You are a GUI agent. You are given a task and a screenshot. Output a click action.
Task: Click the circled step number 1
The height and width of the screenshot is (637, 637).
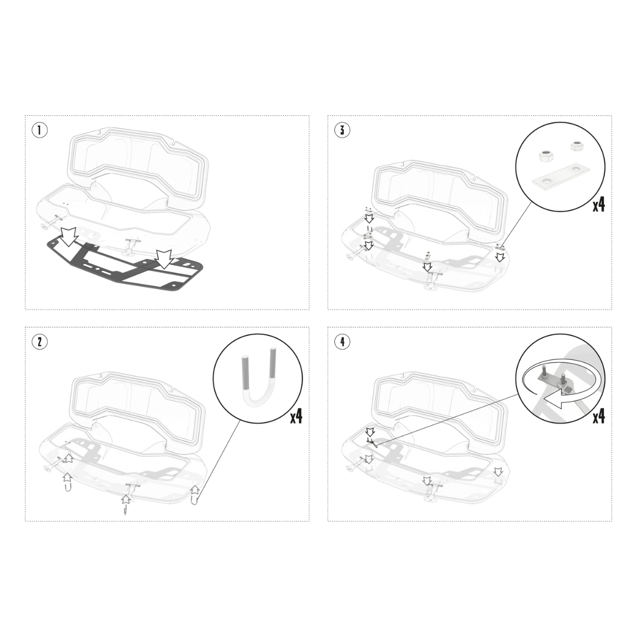coord(39,130)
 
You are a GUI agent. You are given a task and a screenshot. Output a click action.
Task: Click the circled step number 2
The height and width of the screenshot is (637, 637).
coord(39,342)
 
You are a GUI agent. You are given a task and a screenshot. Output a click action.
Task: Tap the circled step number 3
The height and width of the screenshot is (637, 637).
coord(342,130)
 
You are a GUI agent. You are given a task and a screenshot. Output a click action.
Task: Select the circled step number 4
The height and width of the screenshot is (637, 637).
coord(342,342)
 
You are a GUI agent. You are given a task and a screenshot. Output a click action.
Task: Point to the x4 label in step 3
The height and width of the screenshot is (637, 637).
coord(599,205)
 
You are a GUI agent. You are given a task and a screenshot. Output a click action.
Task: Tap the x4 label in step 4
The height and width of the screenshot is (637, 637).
coord(599,417)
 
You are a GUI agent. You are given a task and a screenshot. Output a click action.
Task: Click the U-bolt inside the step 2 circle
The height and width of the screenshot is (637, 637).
coord(258,381)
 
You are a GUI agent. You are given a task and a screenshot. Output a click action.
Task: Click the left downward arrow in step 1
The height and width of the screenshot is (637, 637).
coord(69,236)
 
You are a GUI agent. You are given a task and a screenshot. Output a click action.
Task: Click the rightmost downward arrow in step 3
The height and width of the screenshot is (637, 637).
coord(501,257)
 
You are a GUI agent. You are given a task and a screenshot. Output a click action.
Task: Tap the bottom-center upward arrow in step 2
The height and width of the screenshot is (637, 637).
coord(126,499)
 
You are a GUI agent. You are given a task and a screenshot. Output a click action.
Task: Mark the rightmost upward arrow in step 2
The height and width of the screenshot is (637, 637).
coord(195,489)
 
